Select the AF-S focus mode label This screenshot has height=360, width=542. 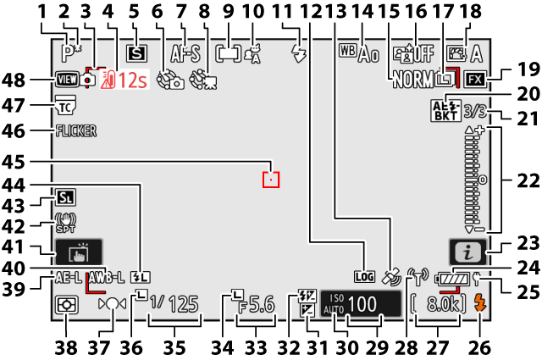point(185,54)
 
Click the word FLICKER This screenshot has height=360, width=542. point(75,131)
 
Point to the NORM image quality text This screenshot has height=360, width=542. point(413,80)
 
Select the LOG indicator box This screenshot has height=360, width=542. point(363,276)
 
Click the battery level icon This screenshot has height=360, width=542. point(450,278)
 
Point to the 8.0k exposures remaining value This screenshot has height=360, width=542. point(443,303)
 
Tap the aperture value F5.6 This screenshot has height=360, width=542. point(257,304)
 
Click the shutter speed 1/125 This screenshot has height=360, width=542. point(174,304)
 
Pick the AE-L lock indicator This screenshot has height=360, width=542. point(69,277)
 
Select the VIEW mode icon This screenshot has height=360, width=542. point(66,81)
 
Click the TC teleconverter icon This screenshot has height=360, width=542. point(65,106)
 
